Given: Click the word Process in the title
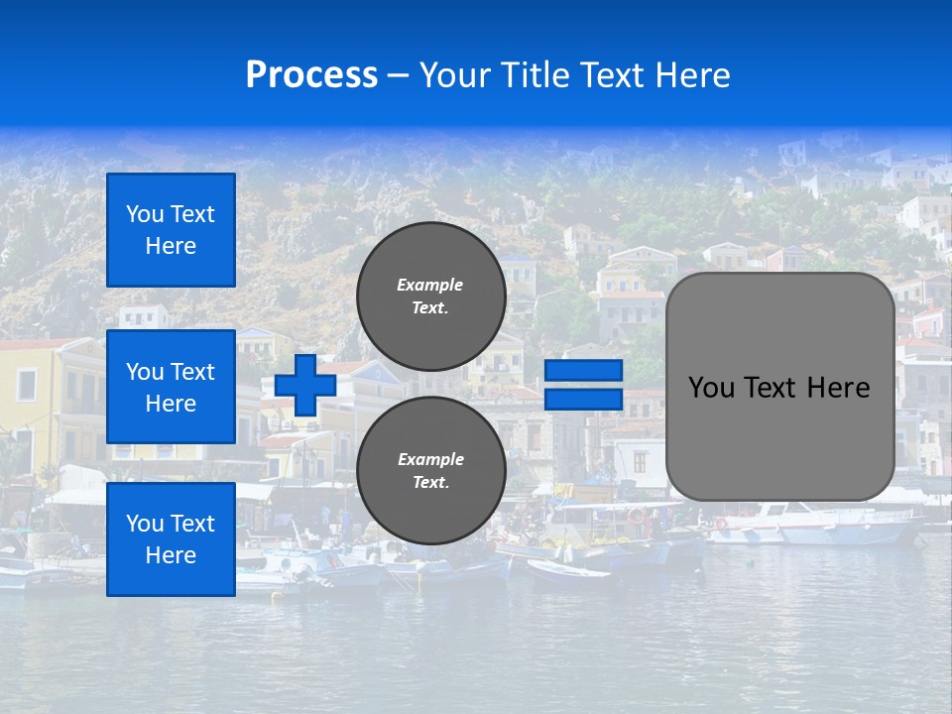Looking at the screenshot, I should pos(311,75).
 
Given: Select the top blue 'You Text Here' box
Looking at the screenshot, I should pos(171,230).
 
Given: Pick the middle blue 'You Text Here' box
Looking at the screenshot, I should pos(171,387).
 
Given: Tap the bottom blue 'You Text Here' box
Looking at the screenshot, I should pos(171,539).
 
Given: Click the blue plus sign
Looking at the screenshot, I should pos(305,386).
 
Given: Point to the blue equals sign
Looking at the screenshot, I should pos(583,385).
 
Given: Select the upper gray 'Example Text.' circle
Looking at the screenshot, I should pos(431,297).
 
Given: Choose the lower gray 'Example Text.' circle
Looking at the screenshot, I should pos(431,471).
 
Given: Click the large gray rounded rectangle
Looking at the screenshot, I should pos(779,387).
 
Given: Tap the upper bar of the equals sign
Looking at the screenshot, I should pos(583,371).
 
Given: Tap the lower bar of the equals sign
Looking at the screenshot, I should pos(583,399).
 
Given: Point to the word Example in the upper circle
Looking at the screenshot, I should pos(430,285).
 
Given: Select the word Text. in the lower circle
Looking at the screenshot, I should pos(431,483).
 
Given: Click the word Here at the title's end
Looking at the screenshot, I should pos(693,75).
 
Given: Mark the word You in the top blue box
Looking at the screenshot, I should pos(145,214).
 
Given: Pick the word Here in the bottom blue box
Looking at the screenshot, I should pos(171,555).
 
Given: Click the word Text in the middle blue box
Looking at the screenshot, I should pos(192,372).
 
